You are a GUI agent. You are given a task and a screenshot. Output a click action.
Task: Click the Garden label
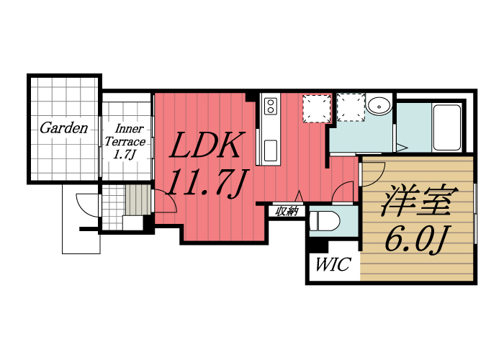tap(63, 128)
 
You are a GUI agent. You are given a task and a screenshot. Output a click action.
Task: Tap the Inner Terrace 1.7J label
tap(125, 142)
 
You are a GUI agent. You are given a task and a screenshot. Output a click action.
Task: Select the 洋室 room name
tap(420, 200)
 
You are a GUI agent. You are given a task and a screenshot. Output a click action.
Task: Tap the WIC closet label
tap(333, 264)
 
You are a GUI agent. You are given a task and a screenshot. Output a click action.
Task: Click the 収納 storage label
tap(287, 212)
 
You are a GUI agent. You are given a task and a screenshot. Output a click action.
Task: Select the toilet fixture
tap(324, 221)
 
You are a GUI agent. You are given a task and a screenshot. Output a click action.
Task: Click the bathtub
tap(447, 127)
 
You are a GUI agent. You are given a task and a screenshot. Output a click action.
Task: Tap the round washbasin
tap(379, 105)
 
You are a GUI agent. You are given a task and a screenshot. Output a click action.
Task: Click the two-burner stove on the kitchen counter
tap(270, 107)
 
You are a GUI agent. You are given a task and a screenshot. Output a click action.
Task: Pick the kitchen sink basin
tap(270, 150)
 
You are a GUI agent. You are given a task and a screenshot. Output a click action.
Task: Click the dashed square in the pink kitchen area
tap(317, 108)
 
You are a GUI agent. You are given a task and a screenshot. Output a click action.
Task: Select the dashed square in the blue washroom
tap(351, 107)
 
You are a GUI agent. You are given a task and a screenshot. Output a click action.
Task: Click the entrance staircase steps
tap(138, 199)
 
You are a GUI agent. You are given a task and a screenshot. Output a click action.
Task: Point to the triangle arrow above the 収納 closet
tap(300, 197)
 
